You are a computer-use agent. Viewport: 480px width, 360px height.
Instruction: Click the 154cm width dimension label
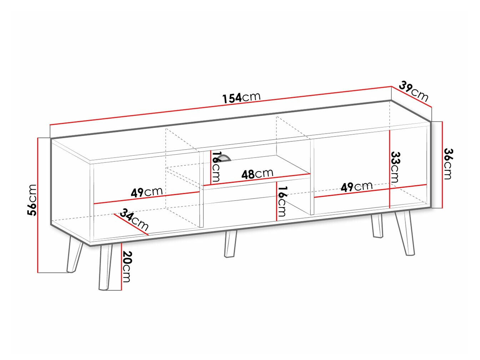pyautogui.click(x=242, y=97)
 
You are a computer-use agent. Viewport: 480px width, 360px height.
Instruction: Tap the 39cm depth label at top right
pyautogui.click(x=414, y=91)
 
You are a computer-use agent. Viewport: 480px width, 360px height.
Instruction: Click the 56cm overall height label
pyautogui.click(x=32, y=200)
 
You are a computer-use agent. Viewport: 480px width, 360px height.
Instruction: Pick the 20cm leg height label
pyautogui.click(x=127, y=266)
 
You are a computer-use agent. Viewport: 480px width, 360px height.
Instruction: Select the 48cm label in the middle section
pyautogui.click(x=257, y=174)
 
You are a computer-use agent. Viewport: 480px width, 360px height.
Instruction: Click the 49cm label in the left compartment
pyautogui.click(x=147, y=192)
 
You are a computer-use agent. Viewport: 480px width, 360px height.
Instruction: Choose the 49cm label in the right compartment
pyautogui.click(x=356, y=186)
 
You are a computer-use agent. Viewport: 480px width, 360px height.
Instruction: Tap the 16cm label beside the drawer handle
pyautogui.click(x=215, y=166)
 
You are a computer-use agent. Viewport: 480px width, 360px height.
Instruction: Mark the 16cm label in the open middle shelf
pyautogui.click(x=282, y=201)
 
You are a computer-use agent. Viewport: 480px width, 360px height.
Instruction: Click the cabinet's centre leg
pyautogui.click(x=230, y=244)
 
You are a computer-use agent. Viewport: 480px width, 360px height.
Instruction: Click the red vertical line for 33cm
pyautogui.click(x=389, y=168)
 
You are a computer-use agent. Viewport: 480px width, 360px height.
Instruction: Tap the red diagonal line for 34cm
pyautogui.click(x=131, y=225)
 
